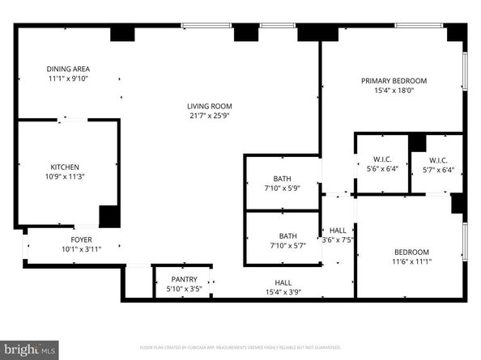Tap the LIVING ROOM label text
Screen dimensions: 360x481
tap(210, 105)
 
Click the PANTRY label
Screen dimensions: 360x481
tap(183, 279)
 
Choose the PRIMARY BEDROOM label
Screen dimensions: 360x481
tap(394, 81)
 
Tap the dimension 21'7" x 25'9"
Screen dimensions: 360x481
tap(210, 116)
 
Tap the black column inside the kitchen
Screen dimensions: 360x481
tap(109, 216)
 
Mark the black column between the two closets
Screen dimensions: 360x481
tap(417, 142)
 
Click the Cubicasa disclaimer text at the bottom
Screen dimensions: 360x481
tap(240, 347)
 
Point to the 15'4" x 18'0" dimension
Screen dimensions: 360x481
tap(394, 91)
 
